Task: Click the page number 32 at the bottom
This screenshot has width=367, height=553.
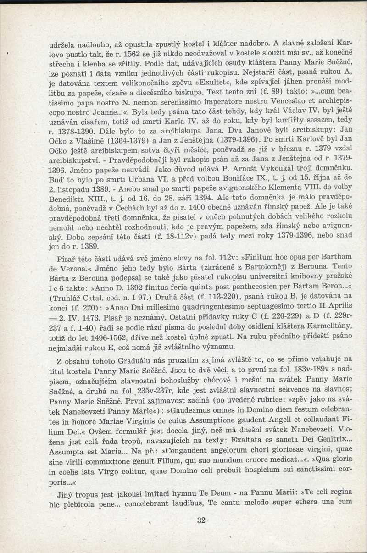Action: click(201, 520)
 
